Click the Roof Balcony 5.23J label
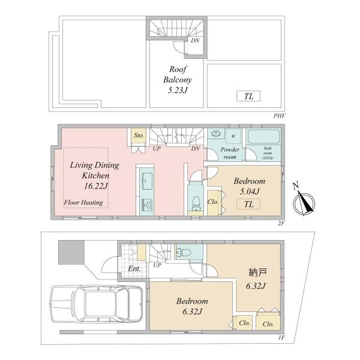[178, 79]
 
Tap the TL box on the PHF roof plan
[248, 96]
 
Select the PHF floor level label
[279, 116]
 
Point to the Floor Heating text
[83, 203]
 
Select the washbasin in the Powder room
[216, 133]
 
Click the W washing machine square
[233, 136]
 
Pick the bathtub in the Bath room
[264, 137]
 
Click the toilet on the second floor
[196, 203]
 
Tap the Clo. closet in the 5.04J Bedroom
[214, 202]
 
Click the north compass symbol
[304, 200]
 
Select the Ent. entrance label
[134, 269]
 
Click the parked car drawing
[97, 304]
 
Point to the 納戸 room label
[258, 272]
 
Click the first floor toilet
[183, 253]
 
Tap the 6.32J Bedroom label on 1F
[192, 306]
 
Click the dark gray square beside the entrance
[71, 252]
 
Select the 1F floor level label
[281, 337]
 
